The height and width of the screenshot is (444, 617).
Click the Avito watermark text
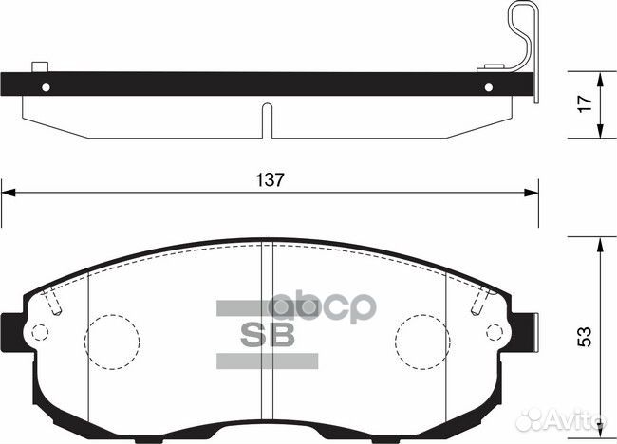pyautogui.click(x=575, y=417)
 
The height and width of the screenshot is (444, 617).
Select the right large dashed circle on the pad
pyautogui.click(x=423, y=337)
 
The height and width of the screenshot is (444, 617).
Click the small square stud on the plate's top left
pyautogui.click(x=39, y=66)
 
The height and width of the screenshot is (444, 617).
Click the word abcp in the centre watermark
pyautogui.click(x=323, y=310)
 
